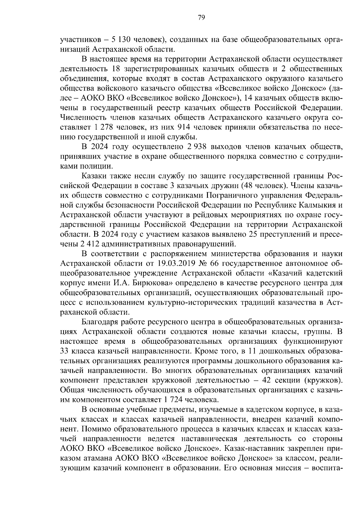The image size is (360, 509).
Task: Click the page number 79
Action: (x=201, y=18)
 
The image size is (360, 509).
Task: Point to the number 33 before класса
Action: (x=65, y=351)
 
